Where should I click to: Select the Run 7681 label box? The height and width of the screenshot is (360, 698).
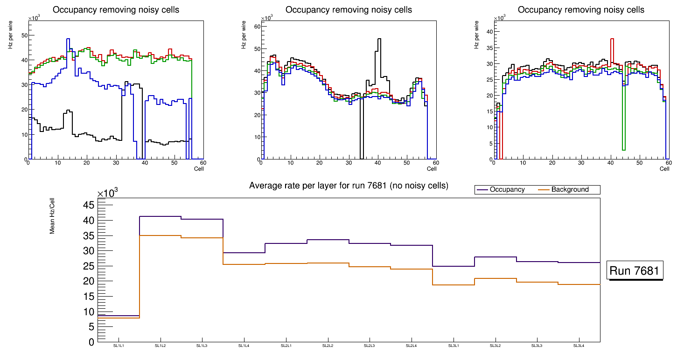[x=635, y=270]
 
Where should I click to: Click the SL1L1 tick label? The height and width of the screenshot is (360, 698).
[x=119, y=346]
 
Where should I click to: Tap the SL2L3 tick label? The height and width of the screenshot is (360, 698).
[x=370, y=346]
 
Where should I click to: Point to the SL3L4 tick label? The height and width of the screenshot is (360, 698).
[x=579, y=346]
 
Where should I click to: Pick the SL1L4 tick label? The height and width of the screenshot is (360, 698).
[x=244, y=346]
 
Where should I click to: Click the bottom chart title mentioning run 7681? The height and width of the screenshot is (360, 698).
[x=349, y=186]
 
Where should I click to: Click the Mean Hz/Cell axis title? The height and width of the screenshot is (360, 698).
[x=53, y=216]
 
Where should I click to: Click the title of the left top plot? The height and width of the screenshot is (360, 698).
[x=116, y=10]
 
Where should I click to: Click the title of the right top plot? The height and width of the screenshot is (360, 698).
[x=581, y=10]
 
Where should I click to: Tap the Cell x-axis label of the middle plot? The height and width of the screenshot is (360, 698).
[x=432, y=168]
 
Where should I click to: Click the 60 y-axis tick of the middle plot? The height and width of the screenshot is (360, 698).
[x=257, y=27]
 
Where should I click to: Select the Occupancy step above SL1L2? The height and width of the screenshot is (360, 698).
[x=161, y=216]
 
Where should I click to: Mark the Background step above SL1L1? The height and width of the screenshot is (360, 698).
[x=119, y=318]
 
